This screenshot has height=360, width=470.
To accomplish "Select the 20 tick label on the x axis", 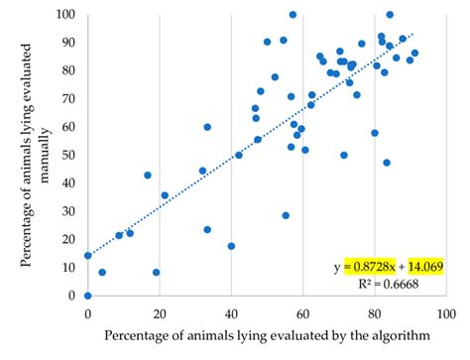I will pyautogui.click(x=160, y=314).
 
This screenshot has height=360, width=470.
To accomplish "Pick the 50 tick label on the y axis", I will pyautogui.click(x=70, y=156).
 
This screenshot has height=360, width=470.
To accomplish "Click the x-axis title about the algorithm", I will pyautogui.click(x=266, y=336).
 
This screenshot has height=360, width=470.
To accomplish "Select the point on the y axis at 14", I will pyautogui.click(x=88, y=255).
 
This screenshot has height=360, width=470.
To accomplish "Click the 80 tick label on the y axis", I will pyautogui.click(x=70, y=71).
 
